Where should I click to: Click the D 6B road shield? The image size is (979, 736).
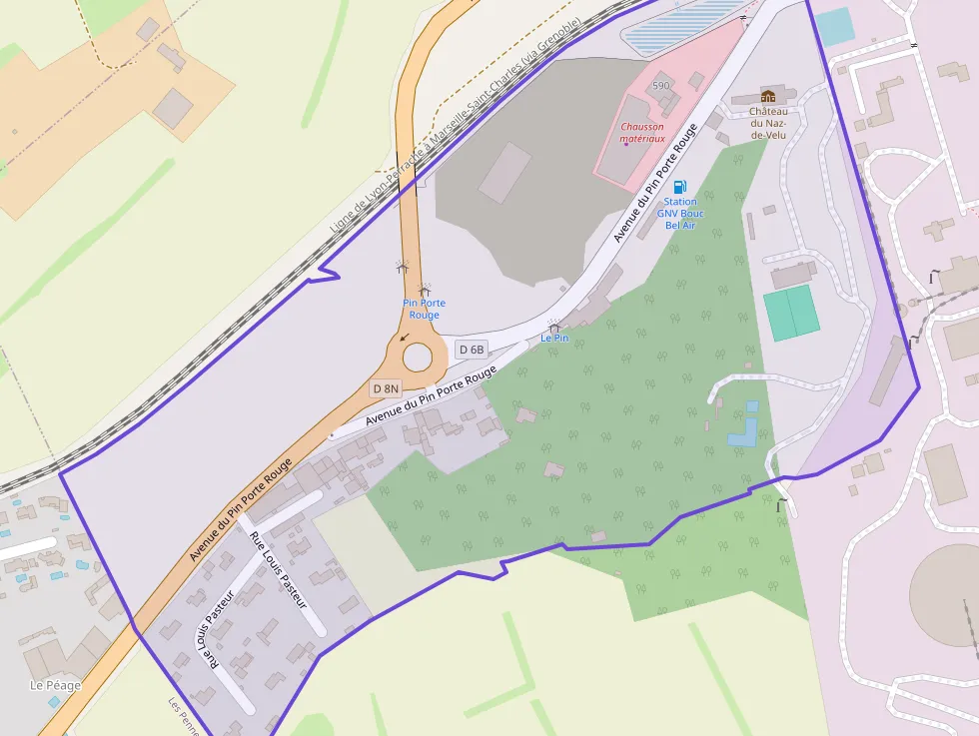471,350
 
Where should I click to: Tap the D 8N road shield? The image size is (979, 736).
386,388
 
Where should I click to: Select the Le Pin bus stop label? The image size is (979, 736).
554,339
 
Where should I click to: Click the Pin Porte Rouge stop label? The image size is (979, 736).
425,309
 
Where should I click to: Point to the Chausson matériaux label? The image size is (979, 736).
642,133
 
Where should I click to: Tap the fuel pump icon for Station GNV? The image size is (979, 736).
680,186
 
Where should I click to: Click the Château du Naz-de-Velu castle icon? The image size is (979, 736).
768,96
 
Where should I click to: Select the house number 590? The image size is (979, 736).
661,86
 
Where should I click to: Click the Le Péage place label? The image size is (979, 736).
55,685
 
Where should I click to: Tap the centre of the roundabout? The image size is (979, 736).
417,356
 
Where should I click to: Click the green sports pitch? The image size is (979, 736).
791,313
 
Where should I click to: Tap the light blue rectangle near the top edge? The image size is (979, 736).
834,26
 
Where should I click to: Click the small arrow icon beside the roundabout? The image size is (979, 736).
405,337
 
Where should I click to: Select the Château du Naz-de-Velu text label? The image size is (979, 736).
769,123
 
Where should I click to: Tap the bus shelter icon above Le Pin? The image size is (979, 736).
554,326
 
